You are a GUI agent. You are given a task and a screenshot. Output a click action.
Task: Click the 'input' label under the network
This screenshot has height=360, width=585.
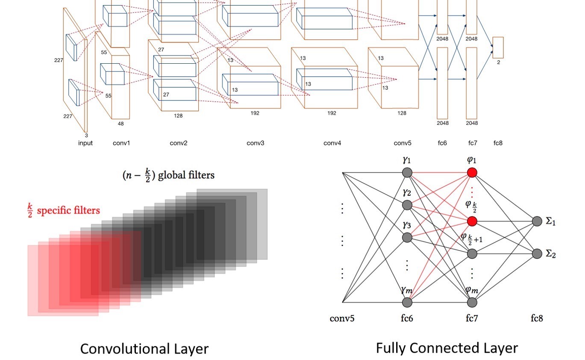tap(85, 143)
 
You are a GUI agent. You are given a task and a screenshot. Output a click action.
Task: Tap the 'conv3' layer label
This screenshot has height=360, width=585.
tap(255, 143)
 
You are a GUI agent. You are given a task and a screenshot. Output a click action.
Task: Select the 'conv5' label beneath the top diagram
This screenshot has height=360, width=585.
tap(403, 143)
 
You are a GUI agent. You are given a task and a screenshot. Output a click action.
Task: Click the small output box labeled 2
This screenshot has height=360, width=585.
tap(498, 47)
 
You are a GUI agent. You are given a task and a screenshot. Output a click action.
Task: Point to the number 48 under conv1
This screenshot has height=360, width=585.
tap(121, 124)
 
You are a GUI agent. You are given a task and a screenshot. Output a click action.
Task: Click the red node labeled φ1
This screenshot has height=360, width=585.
tap(472, 173)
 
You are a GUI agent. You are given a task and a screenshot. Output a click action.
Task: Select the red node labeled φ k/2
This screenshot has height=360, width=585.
tap(472, 221)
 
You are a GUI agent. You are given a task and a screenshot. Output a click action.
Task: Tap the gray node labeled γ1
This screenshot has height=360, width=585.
tap(407, 173)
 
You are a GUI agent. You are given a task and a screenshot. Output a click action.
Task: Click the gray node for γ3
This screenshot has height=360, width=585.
tap(407, 237)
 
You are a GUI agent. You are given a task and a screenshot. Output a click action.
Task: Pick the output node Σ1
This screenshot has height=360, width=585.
tap(537, 221)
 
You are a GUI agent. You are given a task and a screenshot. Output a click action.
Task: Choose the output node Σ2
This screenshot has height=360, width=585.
tap(537, 254)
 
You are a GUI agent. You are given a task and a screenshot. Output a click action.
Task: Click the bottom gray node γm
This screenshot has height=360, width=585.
tap(407, 302)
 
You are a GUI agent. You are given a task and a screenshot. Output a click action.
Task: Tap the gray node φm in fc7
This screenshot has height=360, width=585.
tap(472, 302)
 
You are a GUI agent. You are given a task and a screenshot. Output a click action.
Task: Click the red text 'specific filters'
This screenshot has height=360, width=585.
tap(68, 210)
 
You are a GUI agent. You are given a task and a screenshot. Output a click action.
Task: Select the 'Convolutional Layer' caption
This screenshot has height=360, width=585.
tap(144, 349)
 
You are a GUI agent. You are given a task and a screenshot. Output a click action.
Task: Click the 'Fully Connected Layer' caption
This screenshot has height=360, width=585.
tap(447, 348)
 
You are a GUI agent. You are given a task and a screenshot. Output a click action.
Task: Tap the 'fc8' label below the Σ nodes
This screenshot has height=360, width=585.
tap(537, 318)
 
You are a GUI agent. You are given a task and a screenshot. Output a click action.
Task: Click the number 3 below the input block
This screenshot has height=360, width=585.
tap(86, 135)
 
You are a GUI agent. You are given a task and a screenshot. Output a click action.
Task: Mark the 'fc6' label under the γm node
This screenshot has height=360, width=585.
tap(407, 318)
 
